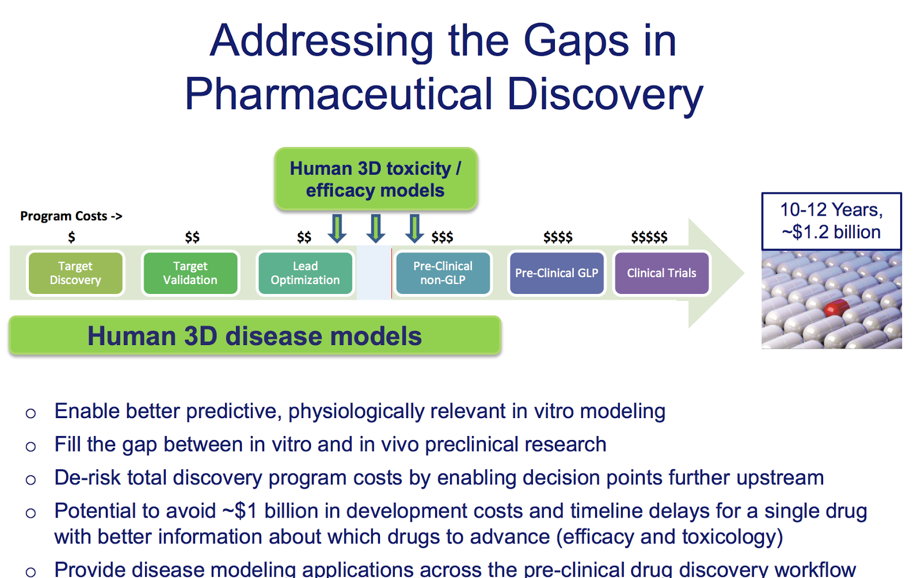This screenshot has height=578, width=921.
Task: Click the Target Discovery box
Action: tap(75, 273)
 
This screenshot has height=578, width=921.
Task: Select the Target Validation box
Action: tap(191, 273)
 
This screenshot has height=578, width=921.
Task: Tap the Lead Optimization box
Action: tap(305, 273)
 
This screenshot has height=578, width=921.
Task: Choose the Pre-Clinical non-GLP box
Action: tap(443, 273)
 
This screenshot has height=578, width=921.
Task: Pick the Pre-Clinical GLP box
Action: tap(557, 273)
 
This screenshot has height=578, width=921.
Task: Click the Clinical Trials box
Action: tap(661, 273)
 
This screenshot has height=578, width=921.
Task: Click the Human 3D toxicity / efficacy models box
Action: tap(376, 179)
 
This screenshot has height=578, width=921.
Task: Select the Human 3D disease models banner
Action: tap(255, 336)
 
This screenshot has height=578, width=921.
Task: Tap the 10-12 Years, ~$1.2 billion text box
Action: tap(831, 221)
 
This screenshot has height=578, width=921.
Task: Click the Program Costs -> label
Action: tap(71, 216)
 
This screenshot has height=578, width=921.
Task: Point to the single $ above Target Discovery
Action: tap(71, 237)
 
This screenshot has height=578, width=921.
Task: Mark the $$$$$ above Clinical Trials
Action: tap(649, 237)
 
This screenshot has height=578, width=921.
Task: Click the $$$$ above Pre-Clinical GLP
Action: tap(558, 237)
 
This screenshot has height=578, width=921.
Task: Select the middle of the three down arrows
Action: tap(376, 228)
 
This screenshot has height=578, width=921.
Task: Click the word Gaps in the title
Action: tap(576, 42)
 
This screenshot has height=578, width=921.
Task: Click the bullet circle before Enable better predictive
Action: tap(31, 414)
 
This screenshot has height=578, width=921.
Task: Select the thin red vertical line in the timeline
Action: tap(391, 273)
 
